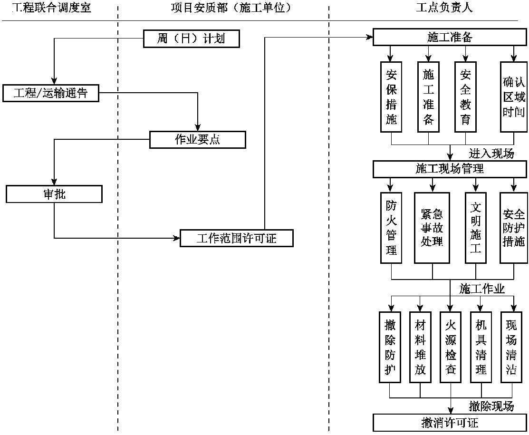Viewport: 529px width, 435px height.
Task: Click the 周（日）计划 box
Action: pyautogui.click(x=191, y=39)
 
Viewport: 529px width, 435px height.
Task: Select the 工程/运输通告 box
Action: pyautogui.click(x=51, y=93)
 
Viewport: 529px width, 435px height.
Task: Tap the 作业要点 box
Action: pyautogui.click(x=198, y=139)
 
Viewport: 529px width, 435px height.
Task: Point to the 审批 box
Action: pyautogui.click(x=54, y=194)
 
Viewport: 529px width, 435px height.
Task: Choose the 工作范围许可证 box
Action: pyautogui.click(x=236, y=238)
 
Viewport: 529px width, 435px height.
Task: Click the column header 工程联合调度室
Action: pyautogui.click(x=51, y=8)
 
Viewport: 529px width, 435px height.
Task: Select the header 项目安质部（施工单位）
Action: pyautogui.click(x=231, y=8)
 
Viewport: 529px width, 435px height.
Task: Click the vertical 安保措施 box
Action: pyautogui.click(x=391, y=97)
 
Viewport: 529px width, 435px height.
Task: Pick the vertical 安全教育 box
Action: pyautogui.click(x=465, y=97)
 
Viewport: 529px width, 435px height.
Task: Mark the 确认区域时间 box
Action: pyautogui.click(x=514, y=97)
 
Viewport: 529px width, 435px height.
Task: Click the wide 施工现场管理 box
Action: pyautogui.click(x=450, y=169)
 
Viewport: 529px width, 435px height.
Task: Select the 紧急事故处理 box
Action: pyautogui.click(x=432, y=227)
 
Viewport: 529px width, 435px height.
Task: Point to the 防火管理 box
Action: pyautogui.click(x=391, y=227)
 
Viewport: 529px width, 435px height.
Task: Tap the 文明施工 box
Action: pyautogui.click(x=476, y=227)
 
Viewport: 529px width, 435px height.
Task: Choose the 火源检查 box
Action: pyautogui.click(x=451, y=347)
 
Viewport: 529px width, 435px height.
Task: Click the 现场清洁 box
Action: pyautogui.click(x=511, y=347)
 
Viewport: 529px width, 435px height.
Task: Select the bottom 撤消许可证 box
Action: pyautogui.click(x=450, y=423)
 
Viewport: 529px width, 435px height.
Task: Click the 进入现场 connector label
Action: pyautogui.click(x=491, y=154)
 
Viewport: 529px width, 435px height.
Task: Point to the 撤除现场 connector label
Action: pyautogui.click(x=491, y=406)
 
